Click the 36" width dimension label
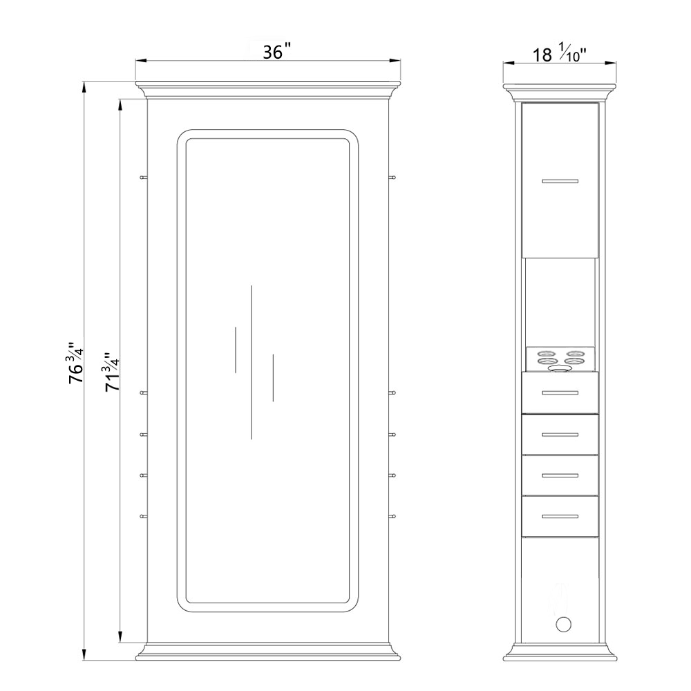(x=277, y=52)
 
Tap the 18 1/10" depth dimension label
(x=560, y=54)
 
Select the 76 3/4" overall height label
(x=75, y=363)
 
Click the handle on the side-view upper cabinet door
(x=560, y=181)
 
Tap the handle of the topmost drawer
(x=560, y=392)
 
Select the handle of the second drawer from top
(x=560, y=435)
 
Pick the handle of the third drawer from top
(x=560, y=475)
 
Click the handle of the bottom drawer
(x=560, y=516)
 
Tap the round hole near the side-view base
(x=563, y=624)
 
